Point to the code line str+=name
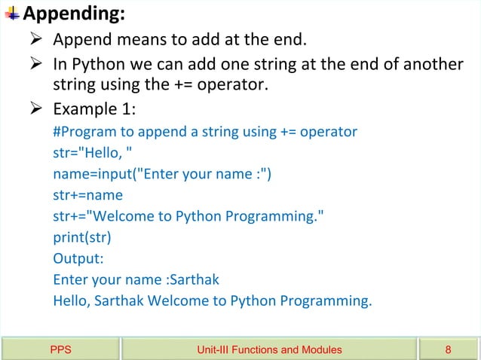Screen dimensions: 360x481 coord(87,196)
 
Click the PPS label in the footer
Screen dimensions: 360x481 coord(60,349)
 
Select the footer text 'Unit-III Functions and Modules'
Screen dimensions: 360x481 coord(269,349)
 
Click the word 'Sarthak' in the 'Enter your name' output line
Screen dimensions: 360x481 coord(195,280)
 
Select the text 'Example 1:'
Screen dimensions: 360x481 coord(94,109)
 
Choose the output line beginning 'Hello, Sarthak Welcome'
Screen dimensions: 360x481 coord(213,301)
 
